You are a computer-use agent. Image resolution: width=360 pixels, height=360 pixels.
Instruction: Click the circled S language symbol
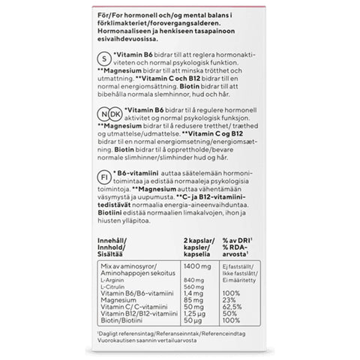[x=104, y=58]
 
